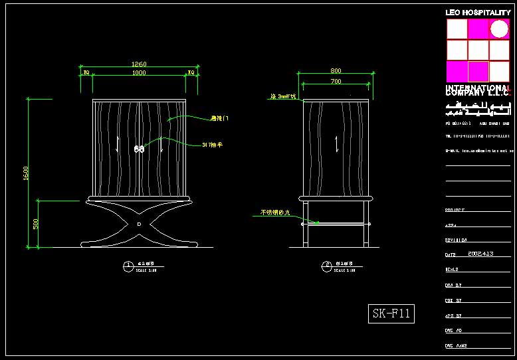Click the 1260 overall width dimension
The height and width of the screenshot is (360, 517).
point(139,64)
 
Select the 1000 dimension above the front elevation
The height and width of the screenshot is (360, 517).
point(139,73)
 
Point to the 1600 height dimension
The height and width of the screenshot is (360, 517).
point(26,173)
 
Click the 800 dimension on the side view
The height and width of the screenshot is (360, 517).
point(336,71)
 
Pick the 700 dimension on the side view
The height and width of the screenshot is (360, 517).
point(336,81)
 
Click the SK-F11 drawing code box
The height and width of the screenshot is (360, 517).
point(391,314)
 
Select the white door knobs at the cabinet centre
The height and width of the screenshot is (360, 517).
point(140,149)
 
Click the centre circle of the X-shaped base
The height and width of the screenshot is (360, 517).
point(139,225)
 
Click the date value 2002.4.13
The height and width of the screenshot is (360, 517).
point(480,254)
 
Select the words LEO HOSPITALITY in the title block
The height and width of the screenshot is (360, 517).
point(478,13)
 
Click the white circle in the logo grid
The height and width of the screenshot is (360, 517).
point(499,29)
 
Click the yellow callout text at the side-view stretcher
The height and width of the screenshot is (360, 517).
point(272,213)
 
